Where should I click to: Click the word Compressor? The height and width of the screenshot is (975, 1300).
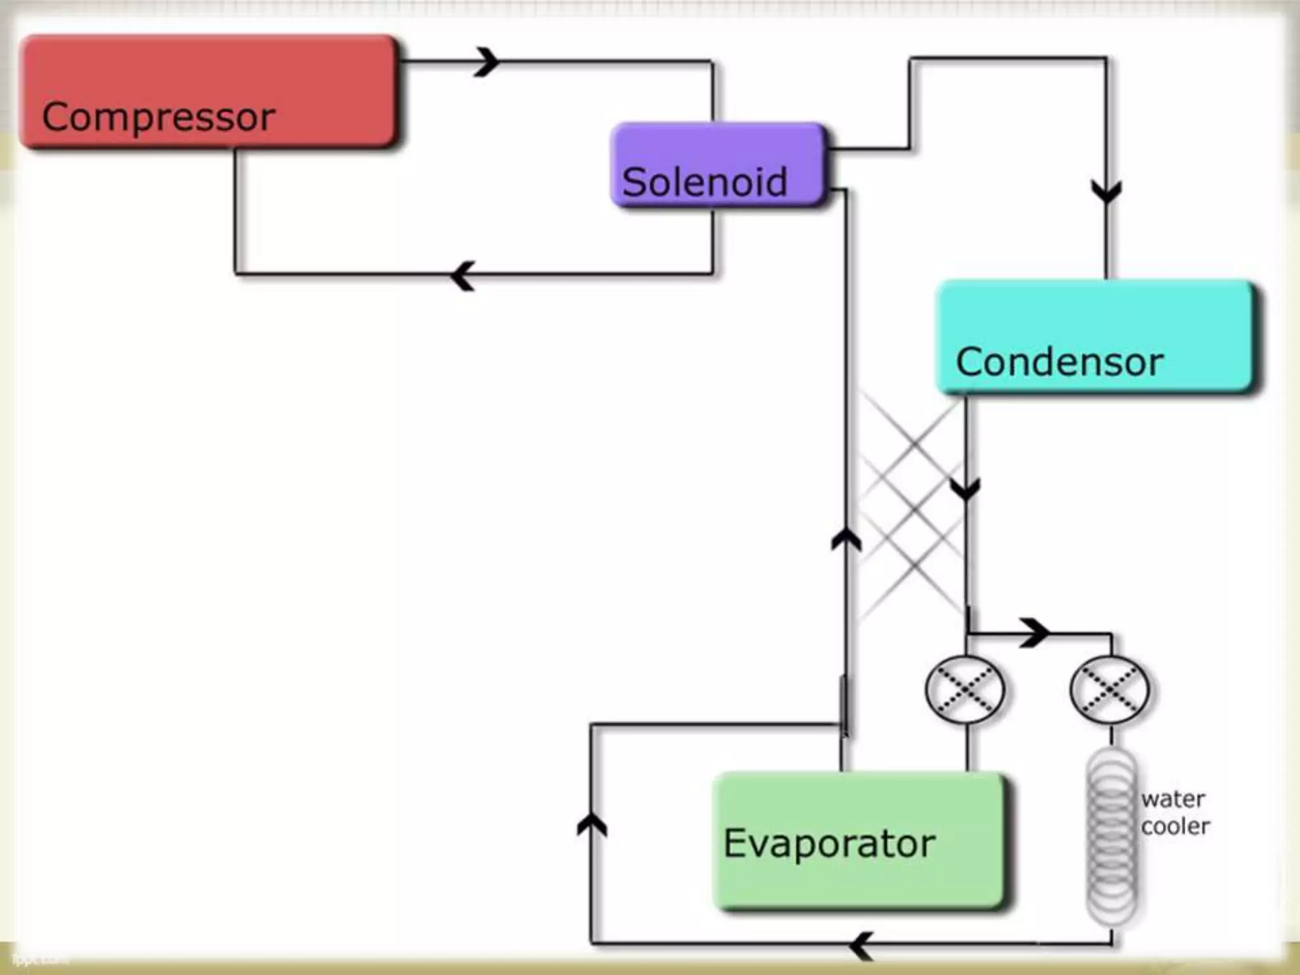click(159, 117)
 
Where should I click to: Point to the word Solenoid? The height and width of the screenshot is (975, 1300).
click(705, 182)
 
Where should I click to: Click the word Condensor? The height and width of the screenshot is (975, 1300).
click(1059, 362)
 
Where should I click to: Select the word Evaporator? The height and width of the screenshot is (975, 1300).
click(829, 844)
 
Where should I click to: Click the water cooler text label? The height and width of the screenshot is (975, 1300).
click(1174, 812)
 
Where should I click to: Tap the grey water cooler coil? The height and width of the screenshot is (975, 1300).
click(1111, 838)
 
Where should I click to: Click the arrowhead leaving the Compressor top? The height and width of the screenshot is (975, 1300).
click(487, 62)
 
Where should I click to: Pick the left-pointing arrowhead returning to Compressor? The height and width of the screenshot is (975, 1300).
click(463, 275)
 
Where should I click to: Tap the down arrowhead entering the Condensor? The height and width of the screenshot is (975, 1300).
click(1106, 190)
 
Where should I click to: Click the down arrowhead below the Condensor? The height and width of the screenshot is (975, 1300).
click(965, 489)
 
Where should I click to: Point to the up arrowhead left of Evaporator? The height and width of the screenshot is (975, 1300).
click(592, 825)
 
